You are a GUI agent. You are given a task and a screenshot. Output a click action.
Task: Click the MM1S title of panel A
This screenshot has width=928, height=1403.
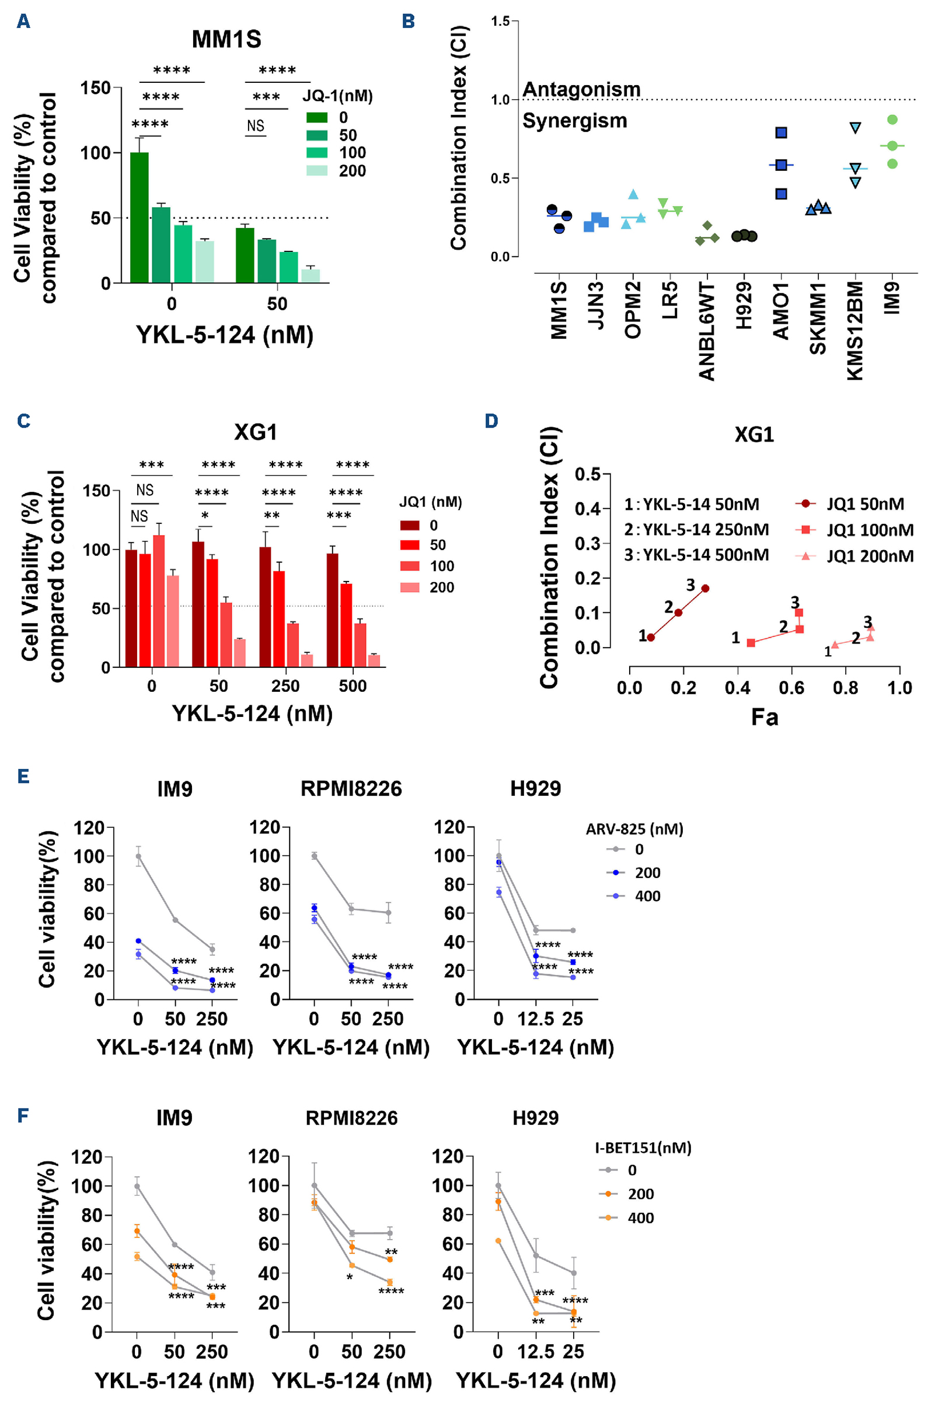(226, 40)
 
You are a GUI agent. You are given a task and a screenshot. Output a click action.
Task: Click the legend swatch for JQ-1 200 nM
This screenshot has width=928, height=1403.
(317, 171)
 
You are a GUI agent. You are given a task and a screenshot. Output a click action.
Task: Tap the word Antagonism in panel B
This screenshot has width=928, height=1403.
(581, 90)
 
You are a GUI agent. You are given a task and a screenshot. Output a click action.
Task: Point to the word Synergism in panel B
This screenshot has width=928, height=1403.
(574, 121)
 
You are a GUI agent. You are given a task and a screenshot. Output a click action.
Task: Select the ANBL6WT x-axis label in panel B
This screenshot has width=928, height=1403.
(707, 331)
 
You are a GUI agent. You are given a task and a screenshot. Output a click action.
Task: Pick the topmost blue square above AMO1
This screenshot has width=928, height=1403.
(782, 132)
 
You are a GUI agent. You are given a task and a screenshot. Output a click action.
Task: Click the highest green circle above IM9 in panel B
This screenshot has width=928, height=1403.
(892, 120)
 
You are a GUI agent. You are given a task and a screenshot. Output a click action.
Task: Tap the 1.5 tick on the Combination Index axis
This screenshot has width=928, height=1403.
(500, 22)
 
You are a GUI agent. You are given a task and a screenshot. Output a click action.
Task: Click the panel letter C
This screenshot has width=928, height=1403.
(24, 421)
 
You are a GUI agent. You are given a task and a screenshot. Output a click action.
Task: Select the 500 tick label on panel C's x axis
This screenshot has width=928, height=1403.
(353, 686)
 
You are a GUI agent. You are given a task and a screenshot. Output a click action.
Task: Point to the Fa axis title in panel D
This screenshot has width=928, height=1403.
(764, 718)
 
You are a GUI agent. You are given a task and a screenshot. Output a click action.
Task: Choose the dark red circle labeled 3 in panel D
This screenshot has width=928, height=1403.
(705, 589)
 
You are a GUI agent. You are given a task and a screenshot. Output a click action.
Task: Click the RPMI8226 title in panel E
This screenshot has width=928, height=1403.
(351, 789)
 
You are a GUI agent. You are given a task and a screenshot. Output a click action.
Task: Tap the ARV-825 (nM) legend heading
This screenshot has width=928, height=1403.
(634, 830)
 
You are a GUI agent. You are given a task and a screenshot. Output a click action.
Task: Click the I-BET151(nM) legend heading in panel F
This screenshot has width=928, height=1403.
(643, 1148)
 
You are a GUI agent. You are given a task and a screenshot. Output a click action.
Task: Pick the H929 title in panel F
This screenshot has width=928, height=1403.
(536, 1118)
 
